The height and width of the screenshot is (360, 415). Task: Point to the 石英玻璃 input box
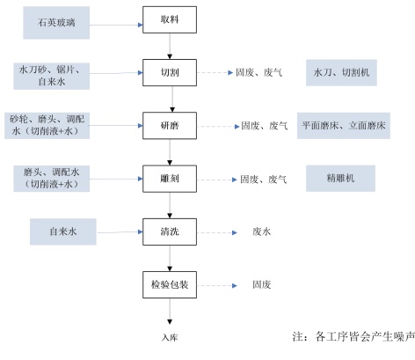click(x=56, y=23)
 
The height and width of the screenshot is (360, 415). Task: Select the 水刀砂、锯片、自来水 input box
click(x=52, y=76)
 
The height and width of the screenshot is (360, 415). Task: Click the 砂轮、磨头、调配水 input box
click(x=47, y=126)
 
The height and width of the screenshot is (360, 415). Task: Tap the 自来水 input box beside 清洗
click(x=63, y=231)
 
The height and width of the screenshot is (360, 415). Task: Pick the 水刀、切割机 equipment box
click(x=341, y=72)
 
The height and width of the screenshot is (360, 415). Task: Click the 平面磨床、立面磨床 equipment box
click(x=344, y=126)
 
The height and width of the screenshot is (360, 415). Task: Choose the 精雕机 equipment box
click(x=340, y=179)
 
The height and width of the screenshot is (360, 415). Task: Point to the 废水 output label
click(x=261, y=231)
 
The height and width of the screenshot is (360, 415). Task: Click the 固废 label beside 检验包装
click(x=261, y=284)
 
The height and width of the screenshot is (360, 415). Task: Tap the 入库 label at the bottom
click(x=170, y=337)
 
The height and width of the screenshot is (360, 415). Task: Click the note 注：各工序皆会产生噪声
click(x=353, y=336)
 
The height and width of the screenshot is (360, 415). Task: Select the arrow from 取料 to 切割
click(x=170, y=46)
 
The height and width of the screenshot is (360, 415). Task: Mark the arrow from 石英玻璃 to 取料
click(x=116, y=25)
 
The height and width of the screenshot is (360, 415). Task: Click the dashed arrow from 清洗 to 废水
click(x=217, y=232)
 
